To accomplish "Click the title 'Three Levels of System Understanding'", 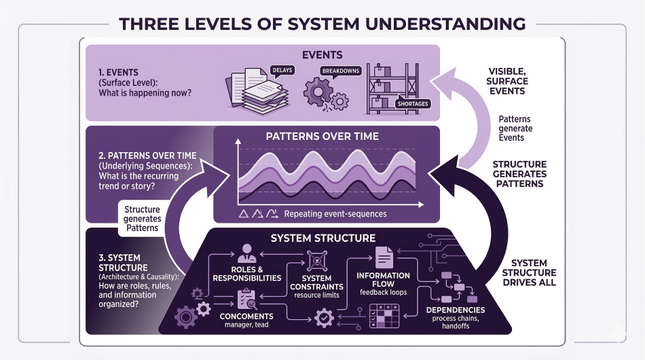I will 322,24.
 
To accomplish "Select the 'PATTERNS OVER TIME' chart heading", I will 322,136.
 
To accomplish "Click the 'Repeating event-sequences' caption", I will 335,214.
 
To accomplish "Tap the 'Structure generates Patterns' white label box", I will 142,219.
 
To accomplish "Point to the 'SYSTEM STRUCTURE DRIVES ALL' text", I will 534,272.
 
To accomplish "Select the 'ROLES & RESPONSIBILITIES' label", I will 246,273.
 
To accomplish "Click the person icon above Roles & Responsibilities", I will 246,253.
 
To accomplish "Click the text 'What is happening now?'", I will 137,94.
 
